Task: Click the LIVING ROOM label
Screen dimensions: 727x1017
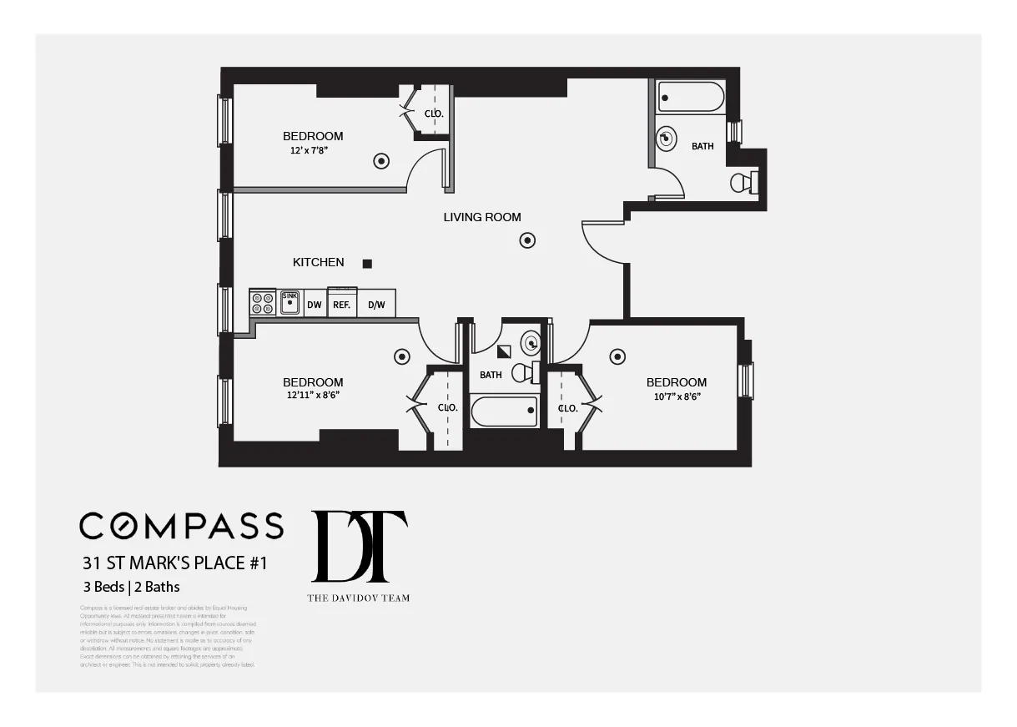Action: click(482, 217)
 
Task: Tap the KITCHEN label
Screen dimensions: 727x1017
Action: click(318, 262)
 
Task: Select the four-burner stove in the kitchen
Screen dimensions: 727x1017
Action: click(263, 303)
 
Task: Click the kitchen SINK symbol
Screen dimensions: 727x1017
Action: click(289, 302)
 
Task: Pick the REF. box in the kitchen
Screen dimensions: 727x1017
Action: click(341, 304)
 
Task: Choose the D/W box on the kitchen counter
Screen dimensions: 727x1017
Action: click(376, 305)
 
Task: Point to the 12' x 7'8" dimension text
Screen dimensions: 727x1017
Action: click(310, 151)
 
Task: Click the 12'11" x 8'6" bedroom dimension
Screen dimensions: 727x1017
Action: click(312, 396)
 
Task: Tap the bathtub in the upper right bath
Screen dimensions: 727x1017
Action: click(691, 97)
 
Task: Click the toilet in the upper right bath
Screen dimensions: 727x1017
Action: click(741, 182)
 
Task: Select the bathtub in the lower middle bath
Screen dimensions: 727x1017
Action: click(504, 411)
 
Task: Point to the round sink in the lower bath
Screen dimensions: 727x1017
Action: click(531, 342)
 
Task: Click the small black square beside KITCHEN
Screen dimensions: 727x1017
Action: click(367, 264)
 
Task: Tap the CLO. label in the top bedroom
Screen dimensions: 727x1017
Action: click(434, 114)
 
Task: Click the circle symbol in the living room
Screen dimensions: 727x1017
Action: click(527, 240)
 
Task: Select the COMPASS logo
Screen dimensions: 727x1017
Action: click(181, 526)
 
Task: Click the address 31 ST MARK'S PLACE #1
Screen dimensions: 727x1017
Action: click(174, 563)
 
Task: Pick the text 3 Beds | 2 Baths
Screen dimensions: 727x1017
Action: click(131, 587)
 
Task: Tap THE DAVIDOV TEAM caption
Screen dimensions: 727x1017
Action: click(359, 598)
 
